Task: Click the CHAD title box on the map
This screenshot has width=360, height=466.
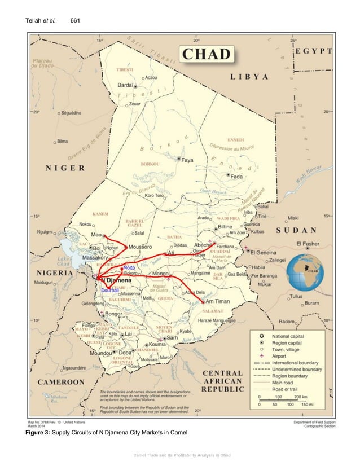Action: (x=206, y=55)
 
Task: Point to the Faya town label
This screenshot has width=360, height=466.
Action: (x=187, y=160)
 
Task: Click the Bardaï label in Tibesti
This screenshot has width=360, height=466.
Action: (x=125, y=85)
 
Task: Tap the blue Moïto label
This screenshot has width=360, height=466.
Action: (x=129, y=267)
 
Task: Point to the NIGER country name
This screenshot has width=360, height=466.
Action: (x=65, y=168)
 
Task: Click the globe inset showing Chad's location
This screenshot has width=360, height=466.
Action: (x=305, y=271)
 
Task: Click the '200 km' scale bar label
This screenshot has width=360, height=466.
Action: (x=299, y=397)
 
